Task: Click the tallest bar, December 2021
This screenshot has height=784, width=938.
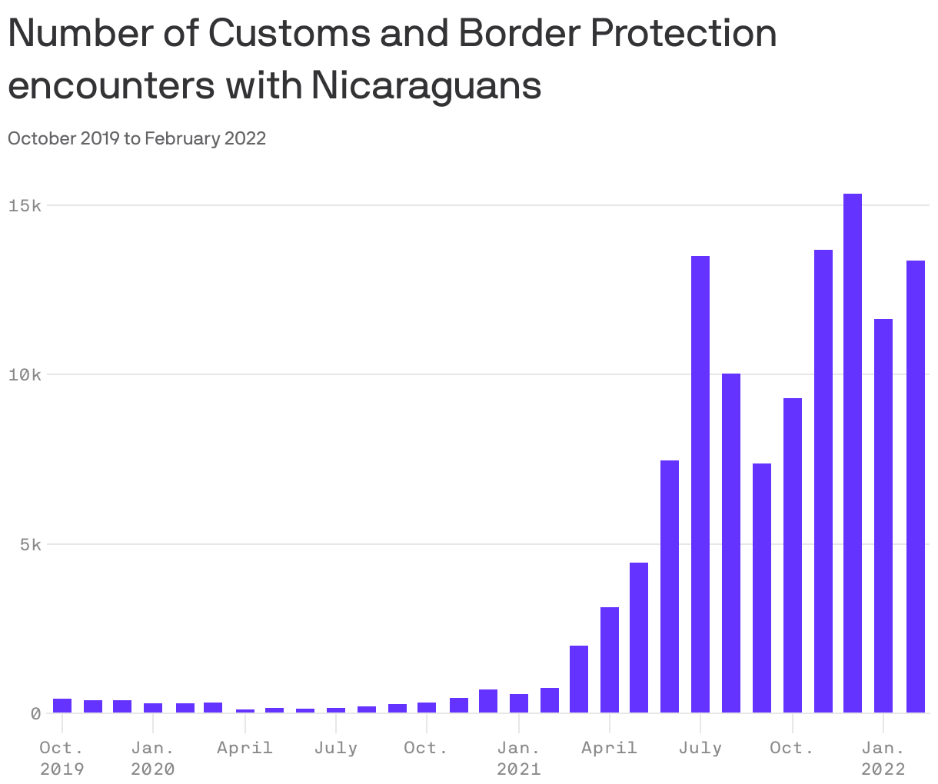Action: point(852,453)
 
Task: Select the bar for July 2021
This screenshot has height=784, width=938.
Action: point(700,484)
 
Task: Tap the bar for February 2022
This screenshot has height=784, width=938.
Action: point(915,487)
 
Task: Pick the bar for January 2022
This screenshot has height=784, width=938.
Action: point(883,516)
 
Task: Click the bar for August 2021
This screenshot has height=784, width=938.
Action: point(731,543)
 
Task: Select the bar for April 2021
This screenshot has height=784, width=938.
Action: point(609,659)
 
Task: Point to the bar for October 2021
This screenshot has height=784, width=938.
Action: point(792,555)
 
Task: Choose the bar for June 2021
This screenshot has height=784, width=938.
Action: point(670,586)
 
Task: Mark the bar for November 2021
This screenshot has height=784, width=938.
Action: point(823,481)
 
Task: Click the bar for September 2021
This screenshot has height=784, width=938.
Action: point(761,588)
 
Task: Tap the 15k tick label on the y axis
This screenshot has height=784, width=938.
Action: point(24,205)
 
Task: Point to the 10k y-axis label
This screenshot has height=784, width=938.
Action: point(24,375)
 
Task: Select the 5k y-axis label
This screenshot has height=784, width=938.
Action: point(28,544)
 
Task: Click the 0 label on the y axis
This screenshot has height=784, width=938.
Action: point(35,713)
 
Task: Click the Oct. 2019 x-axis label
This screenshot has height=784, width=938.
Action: point(62,758)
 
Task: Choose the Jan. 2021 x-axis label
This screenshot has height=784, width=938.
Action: point(518,758)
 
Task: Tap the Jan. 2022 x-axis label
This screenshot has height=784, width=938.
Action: point(883,758)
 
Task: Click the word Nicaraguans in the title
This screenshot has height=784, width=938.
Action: point(426,85)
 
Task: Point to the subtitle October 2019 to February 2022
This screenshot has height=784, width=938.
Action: point(137,138)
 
